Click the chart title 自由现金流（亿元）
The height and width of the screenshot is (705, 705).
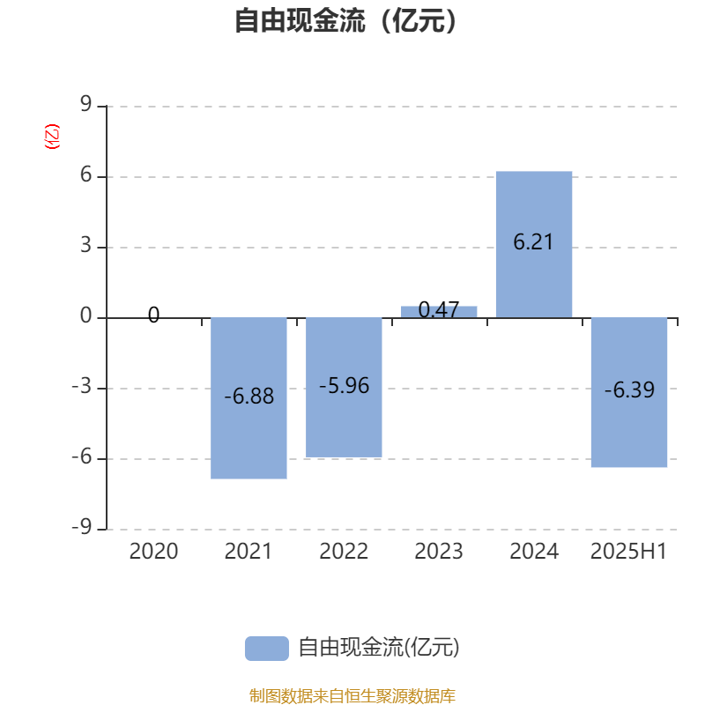(345, 20)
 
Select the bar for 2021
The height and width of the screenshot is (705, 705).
(249, 398)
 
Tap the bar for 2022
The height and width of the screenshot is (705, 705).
(344, 387)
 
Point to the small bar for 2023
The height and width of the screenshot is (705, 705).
(439, 312)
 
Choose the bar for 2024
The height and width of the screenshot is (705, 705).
(534, 245)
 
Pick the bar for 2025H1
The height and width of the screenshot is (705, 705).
(629, 392)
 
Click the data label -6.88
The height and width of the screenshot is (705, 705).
(249, 396)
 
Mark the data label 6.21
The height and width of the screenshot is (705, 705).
(533, 241)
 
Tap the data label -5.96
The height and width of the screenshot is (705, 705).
(345, 385)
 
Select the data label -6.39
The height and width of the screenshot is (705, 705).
(629, 390)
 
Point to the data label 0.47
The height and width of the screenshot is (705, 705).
(439, 309)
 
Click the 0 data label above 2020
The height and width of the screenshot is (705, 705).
(153, 315)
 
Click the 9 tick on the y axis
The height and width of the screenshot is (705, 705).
(85, 104)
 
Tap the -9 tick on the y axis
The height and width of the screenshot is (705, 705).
(82, 526)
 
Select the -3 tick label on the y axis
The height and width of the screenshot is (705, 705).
(82, 386)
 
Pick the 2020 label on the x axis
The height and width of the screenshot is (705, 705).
(153, 552)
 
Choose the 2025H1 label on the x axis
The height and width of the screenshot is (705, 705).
(628, 552)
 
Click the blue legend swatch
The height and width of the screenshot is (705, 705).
(267, 649)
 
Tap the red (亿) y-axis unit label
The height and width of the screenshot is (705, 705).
(52, 137)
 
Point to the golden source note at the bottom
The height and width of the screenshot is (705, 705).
(352, 695)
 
